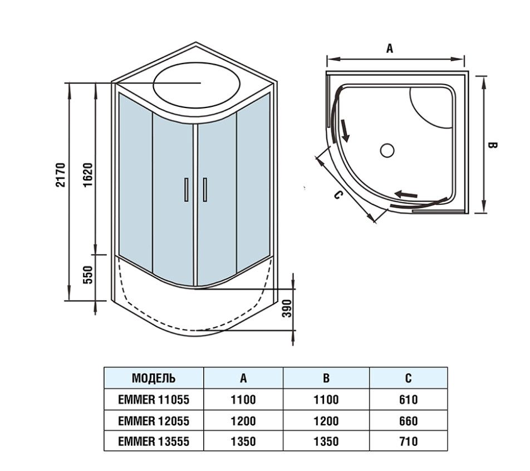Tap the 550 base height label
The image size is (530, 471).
coord(87,276)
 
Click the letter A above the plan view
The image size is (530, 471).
coord(390,49)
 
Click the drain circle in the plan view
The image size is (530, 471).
coord(387,150)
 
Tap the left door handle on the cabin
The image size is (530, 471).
coord(186,189)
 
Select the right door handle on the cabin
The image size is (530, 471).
coord(205,189)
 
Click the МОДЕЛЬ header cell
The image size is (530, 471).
coord(154,379)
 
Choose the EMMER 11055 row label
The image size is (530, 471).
coord(154,400)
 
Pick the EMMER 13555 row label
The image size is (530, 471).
coord(154,441)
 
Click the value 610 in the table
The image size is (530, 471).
coord(408,400)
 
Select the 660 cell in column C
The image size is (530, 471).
coord(408,421)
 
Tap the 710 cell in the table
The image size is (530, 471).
coord(408,441)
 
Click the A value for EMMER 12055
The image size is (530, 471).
coord(243,421)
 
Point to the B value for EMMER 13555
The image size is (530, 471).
coord(326,441)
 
